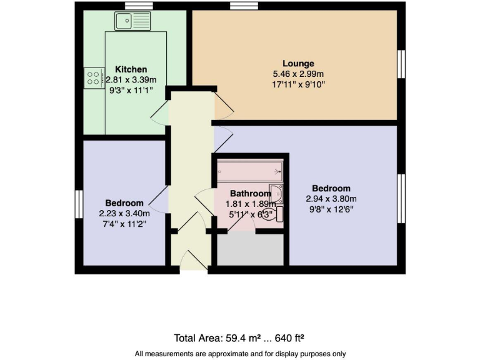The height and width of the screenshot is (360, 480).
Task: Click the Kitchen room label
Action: [131, 69]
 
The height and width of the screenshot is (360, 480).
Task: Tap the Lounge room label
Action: [298, 63]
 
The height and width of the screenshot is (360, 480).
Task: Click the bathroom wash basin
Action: [276, 193]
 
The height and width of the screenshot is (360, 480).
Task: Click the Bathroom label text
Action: [250, 194]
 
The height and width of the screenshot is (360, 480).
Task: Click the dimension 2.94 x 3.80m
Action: [331, 199]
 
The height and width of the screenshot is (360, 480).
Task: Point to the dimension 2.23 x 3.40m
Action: [124, 213]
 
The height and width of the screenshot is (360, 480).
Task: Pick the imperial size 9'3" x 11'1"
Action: [131, 90]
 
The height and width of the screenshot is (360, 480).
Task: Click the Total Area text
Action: [239, 339]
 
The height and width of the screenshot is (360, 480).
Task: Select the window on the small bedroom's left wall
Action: [79, 205]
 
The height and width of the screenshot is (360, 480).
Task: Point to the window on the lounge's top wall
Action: [239, 7]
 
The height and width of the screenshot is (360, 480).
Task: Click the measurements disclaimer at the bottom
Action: [239, 353]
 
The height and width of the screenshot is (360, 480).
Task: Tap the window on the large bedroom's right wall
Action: [402, 197]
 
